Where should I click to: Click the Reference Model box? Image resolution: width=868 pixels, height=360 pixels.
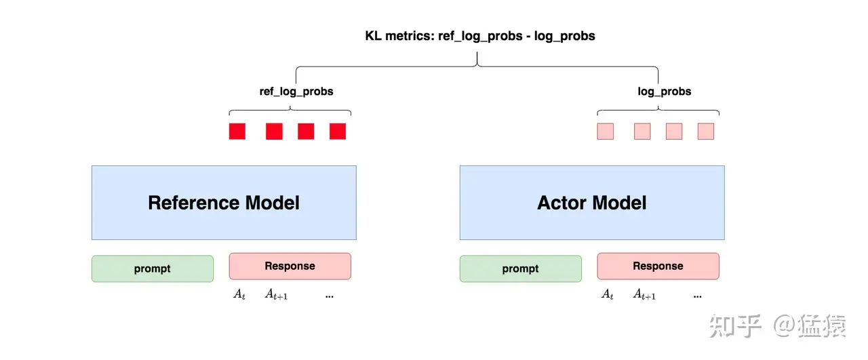224,202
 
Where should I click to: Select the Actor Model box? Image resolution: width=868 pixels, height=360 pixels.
591,202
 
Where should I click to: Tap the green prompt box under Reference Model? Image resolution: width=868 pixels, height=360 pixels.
153,268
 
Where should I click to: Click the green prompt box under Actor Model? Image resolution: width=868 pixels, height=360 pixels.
520,268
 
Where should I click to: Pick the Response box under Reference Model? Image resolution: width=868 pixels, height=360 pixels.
290,266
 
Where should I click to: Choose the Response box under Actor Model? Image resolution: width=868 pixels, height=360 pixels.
658,266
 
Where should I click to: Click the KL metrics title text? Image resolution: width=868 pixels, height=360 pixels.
479,36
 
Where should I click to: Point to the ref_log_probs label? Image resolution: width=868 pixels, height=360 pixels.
296,91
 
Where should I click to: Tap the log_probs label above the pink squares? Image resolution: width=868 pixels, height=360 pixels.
664,91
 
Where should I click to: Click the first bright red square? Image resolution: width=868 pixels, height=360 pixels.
237,131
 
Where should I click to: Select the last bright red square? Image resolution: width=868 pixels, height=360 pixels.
338,131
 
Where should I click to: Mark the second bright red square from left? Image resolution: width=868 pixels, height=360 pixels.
274,131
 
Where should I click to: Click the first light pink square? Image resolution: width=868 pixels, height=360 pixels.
605,131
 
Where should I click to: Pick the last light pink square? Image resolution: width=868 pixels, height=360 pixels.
706,131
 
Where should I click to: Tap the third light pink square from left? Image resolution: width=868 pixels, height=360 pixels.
674,131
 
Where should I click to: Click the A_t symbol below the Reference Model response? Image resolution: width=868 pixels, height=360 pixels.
239,295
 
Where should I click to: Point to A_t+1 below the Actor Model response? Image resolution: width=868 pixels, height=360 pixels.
644,295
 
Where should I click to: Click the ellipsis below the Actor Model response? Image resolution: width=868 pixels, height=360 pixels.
697,296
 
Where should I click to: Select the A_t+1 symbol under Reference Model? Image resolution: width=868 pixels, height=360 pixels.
276,295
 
